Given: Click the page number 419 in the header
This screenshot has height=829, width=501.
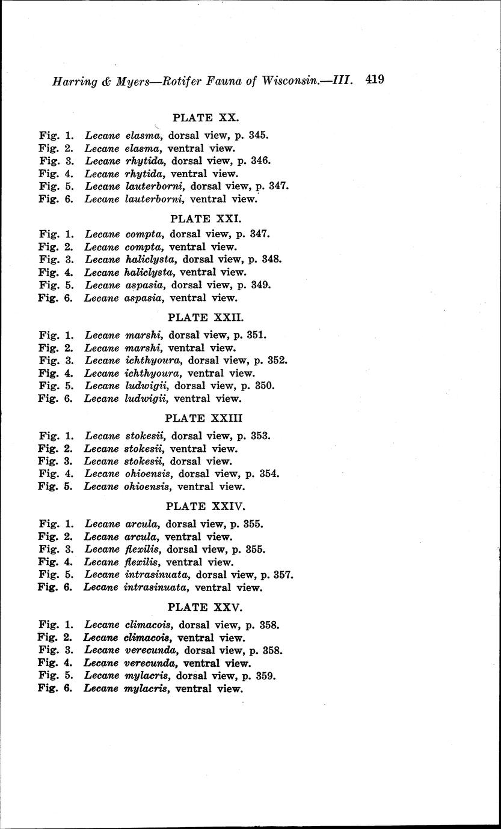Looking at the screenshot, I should pos(374,80).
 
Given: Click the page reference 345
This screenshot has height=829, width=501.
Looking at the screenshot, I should pos(258,135).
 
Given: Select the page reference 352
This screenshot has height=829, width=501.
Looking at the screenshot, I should pos(277,360).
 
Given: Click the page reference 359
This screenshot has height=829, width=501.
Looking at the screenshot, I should pos(266,676).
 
